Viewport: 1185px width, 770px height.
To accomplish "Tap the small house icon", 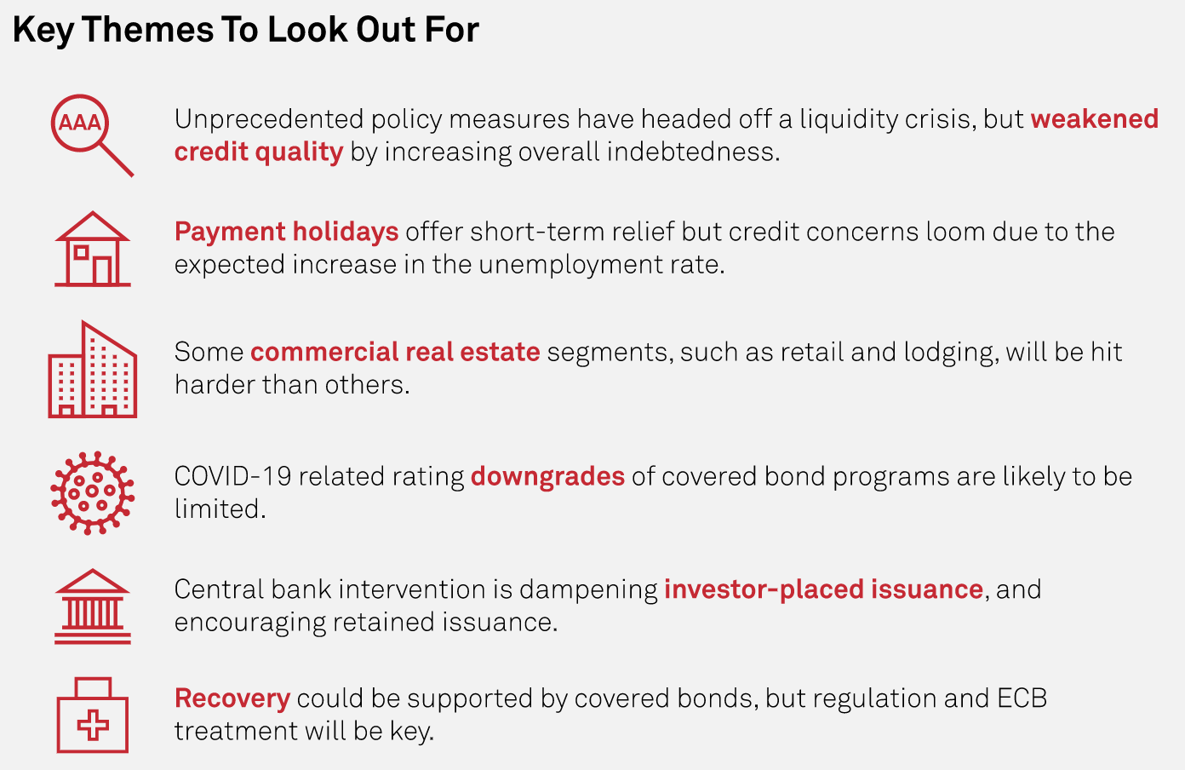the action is [x=93, y=249].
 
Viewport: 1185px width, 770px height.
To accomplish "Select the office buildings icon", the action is [x=93, y=370].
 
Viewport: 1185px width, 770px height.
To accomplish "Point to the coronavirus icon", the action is [x=93, y=492].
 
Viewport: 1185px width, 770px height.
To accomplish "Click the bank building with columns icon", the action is [x=93, y=606].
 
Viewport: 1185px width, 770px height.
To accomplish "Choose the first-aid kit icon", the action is [x=93, y=715].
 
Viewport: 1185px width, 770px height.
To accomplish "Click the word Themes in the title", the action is [x=147, y=29].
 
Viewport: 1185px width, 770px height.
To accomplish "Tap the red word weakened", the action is [x=1095, y=118].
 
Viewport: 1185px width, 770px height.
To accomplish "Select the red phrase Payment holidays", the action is [x=286, y=232].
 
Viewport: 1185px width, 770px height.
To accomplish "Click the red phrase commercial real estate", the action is [x=395, y=352].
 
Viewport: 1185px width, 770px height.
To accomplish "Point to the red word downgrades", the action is [x=547, y=477].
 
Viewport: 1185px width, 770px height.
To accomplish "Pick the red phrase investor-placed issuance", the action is [x=824, y=589].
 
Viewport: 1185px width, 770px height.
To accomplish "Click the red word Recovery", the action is [x=232, y=698].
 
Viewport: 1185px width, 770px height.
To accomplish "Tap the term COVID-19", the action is [x=232, y=476].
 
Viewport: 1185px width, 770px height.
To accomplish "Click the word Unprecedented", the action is [x=269, y=119].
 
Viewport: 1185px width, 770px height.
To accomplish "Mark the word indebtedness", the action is [x=693, y=152].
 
